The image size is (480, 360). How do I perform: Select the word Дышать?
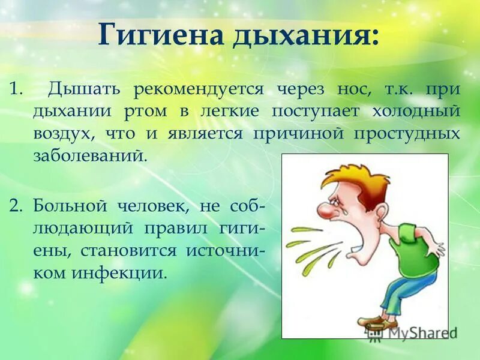pyautogui.click(x=85, y=89)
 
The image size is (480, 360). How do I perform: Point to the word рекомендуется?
pyautogui.click(x=199, y=89)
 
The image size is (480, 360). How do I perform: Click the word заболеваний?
pyautogui.click(x=90, y=156)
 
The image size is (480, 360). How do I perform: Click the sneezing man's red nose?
pyautogui.click(x=325, y=211)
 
